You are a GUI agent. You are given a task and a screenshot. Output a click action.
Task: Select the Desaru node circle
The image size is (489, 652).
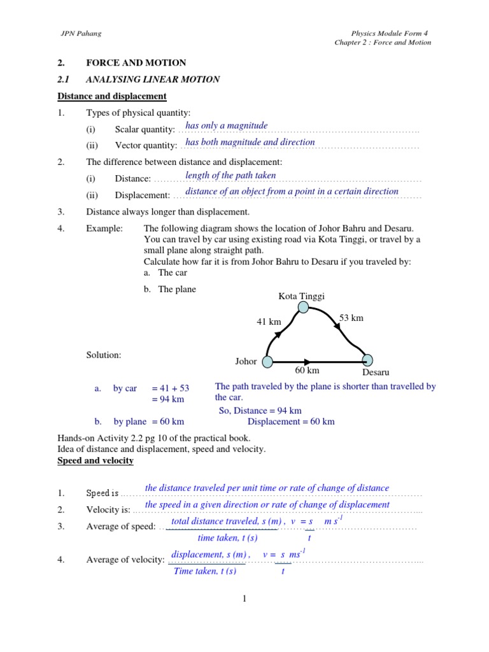pos(367,361)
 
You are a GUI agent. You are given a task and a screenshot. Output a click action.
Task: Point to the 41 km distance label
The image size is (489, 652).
pos(269,322)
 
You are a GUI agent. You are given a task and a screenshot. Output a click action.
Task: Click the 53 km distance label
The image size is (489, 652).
pos(351,318)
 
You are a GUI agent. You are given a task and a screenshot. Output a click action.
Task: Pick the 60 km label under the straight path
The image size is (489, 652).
pos(307,371)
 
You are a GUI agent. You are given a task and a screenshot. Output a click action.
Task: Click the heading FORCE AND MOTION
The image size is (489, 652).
pos(136,63)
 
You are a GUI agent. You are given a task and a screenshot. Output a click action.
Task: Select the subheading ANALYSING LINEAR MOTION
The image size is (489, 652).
pos(153,80)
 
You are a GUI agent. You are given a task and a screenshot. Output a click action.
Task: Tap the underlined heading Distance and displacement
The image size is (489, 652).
pos(112,96)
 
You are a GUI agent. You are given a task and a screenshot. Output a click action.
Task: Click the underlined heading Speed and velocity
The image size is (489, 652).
pos(96,460)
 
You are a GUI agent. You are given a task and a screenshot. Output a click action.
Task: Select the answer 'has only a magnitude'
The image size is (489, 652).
pos(226,126)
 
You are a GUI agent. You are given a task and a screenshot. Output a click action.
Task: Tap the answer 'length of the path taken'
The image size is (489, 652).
pos(230,175)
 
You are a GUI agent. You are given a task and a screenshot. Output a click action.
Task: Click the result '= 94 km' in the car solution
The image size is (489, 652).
pos(167,399)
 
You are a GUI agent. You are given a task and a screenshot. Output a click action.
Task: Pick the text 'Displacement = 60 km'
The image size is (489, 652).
pos(291,422)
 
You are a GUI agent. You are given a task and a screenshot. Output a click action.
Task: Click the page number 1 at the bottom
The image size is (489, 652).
pos(244,598)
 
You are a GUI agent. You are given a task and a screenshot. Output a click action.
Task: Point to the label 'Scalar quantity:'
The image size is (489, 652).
pos(145,129)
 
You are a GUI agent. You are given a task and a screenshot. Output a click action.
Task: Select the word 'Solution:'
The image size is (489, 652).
pos(104,355)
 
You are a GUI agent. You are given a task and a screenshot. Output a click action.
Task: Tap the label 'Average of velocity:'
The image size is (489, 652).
pos(125,560)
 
